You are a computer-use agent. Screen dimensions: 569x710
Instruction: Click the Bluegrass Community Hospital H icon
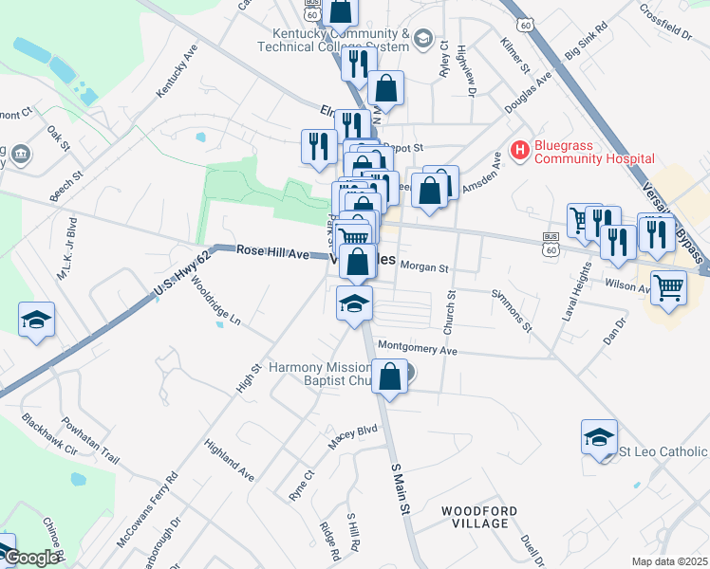[519, 150]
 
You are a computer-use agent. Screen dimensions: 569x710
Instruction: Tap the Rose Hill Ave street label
[272, 253]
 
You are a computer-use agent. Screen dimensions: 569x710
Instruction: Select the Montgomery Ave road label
[418, 349]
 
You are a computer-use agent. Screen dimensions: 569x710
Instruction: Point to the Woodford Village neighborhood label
[479, 517]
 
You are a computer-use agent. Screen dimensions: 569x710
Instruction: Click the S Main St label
[401, 488]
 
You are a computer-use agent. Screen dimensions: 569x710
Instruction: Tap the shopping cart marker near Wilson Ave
[668, 288]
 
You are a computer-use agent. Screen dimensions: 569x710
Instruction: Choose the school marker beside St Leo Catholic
[599, 438]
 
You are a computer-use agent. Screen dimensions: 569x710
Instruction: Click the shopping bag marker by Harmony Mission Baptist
[390, 376]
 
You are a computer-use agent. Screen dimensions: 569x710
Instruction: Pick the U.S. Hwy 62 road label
[180, 275]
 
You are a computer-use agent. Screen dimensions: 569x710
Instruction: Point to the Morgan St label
[423, 268]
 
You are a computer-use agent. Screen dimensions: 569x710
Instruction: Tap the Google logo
[31, 558]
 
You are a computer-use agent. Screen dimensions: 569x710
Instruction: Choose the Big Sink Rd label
[586, 46]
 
